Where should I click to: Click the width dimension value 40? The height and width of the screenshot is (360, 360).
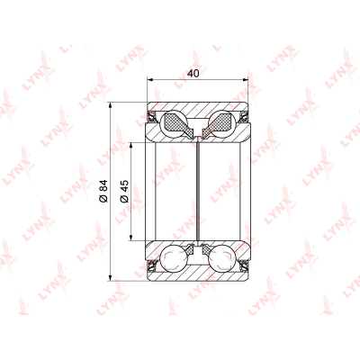tap(193, 74)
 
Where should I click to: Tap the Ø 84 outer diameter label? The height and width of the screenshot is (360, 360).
tap(103, 191)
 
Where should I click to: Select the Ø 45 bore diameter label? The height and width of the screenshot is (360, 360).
tap(124, 191)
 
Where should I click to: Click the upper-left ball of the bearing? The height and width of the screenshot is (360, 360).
tap(174, 123)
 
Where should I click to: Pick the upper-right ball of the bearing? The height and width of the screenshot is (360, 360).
tap(222, 123)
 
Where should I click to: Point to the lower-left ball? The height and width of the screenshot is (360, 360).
tap(174, 258)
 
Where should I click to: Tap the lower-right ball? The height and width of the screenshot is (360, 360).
tap(222, 258)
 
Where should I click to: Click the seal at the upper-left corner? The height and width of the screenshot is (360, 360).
tap(152, 116)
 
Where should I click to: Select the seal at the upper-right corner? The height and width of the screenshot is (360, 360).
tap(244, 116)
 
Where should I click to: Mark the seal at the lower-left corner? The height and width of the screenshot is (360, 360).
tap(152, 265)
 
